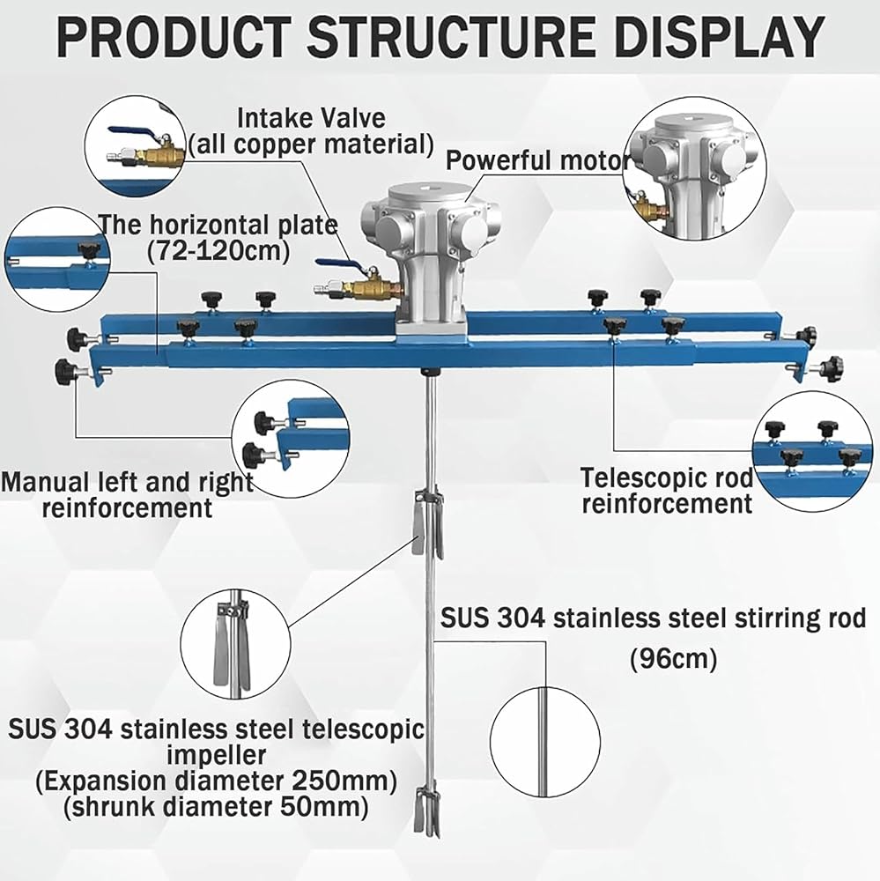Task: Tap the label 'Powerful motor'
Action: pyautogui.click(x=538, y=160)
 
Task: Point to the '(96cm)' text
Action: pyautogui.click(x=673, y=658)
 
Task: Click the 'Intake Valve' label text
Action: pyautogui.click(x=311, y=117)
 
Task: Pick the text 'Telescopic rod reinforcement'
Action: pyautogui.click(x=666, y=491)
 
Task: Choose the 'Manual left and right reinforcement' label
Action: pyautogui.click(x=128, y=494)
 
